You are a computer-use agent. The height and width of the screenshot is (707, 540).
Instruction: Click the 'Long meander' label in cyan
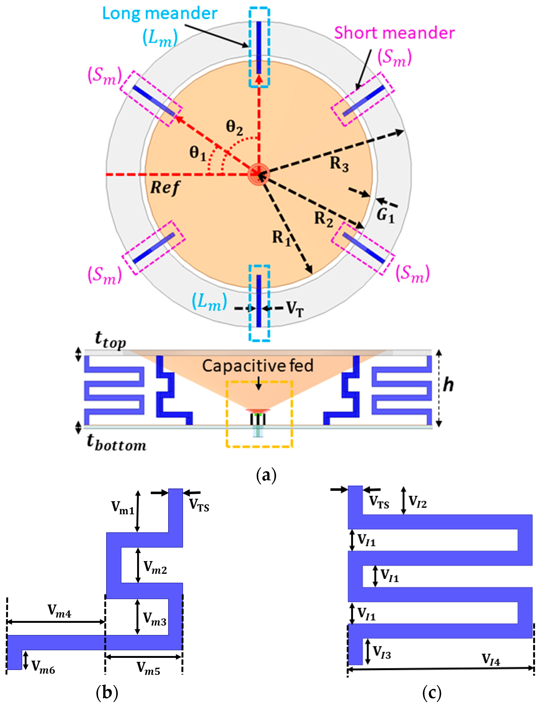pyautogui.click(x=160, y=13)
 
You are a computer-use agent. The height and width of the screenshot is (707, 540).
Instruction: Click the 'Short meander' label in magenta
pyautogui.click(x=394, y=33)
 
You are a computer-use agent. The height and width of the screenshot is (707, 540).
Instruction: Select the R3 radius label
pyautogui.click(x=339, y=164)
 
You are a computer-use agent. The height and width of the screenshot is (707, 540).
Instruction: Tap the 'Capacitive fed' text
pyautogui.click(x=258, y=366)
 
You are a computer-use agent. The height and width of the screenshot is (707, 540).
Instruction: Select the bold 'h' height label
pyautogui.click(x=448, y=385)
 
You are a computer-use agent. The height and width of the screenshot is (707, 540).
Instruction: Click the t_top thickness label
pyautogui.click(x=110, y=340)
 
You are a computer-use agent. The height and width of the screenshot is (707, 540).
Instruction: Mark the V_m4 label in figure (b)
pyautogui.click(x=59, y=611)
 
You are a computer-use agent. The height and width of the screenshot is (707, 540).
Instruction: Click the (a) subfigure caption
pyautogui.click(x=266, y=475)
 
